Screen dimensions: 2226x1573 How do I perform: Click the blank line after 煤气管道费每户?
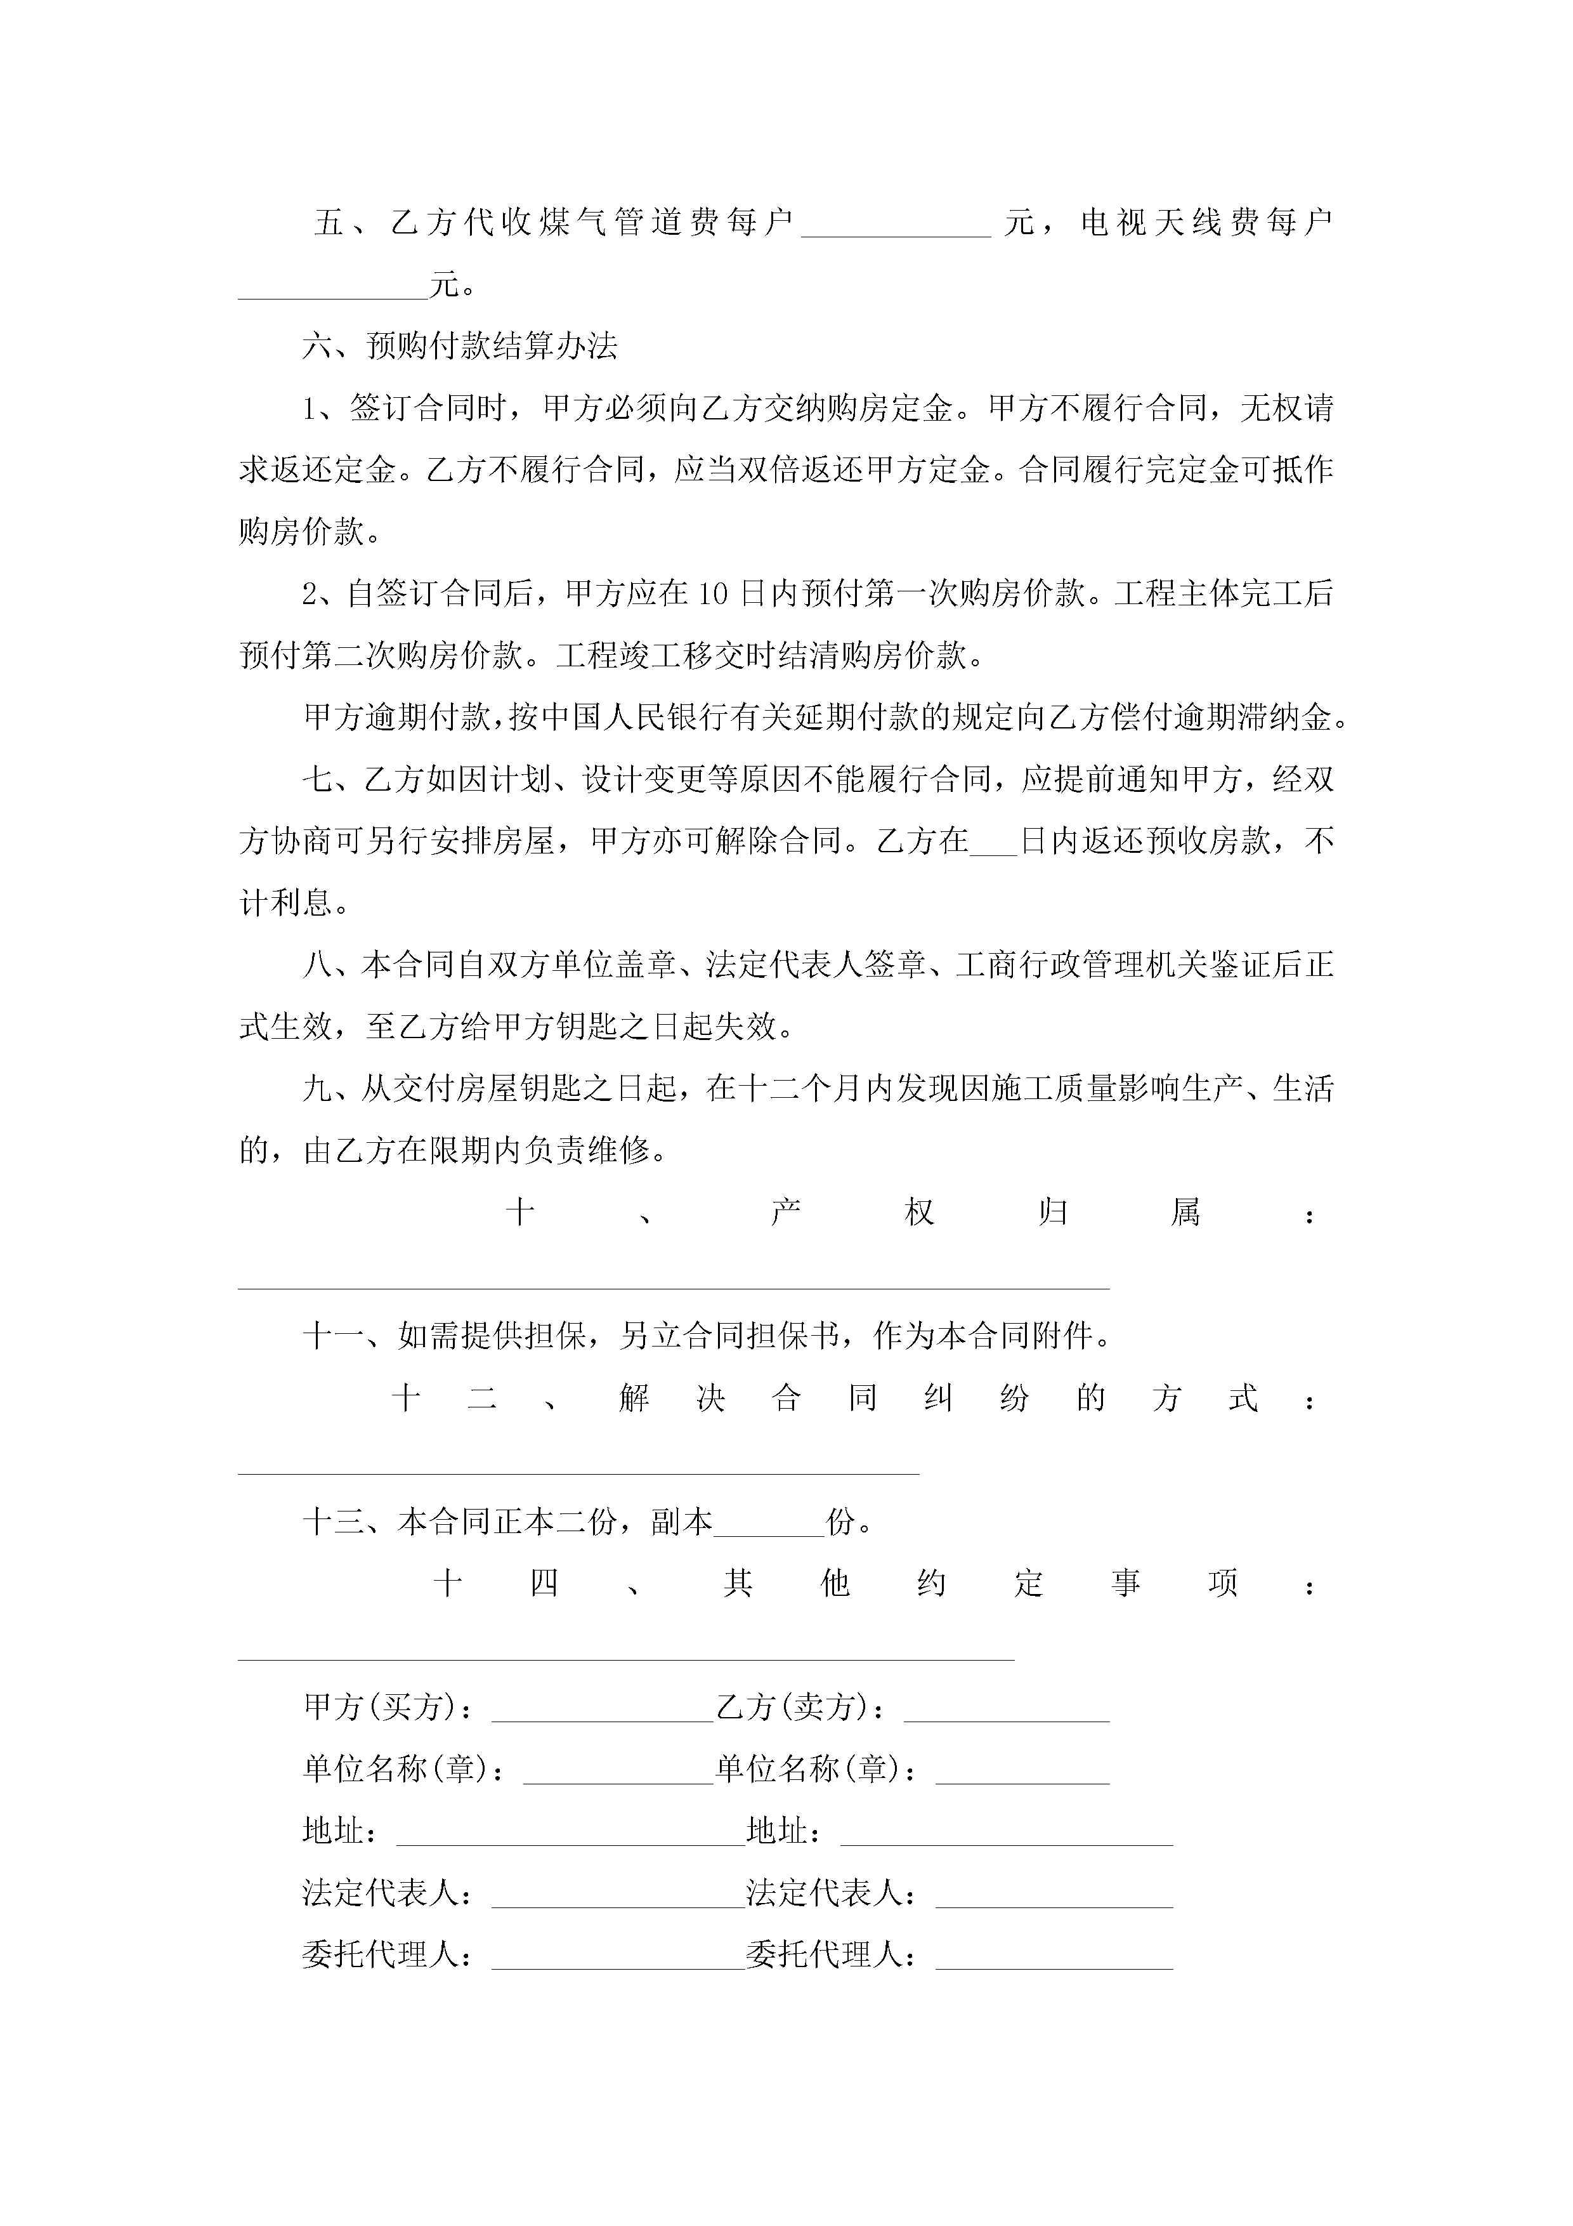(x=896, y=233)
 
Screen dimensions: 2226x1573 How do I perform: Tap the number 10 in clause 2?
(x=712, y=593)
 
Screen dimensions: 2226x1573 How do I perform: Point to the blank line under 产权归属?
(x=674, y=1286)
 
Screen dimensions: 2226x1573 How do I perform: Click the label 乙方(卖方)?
(x=800, y=1708)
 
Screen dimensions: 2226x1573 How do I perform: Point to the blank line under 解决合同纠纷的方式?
(x=578, y=1471)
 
